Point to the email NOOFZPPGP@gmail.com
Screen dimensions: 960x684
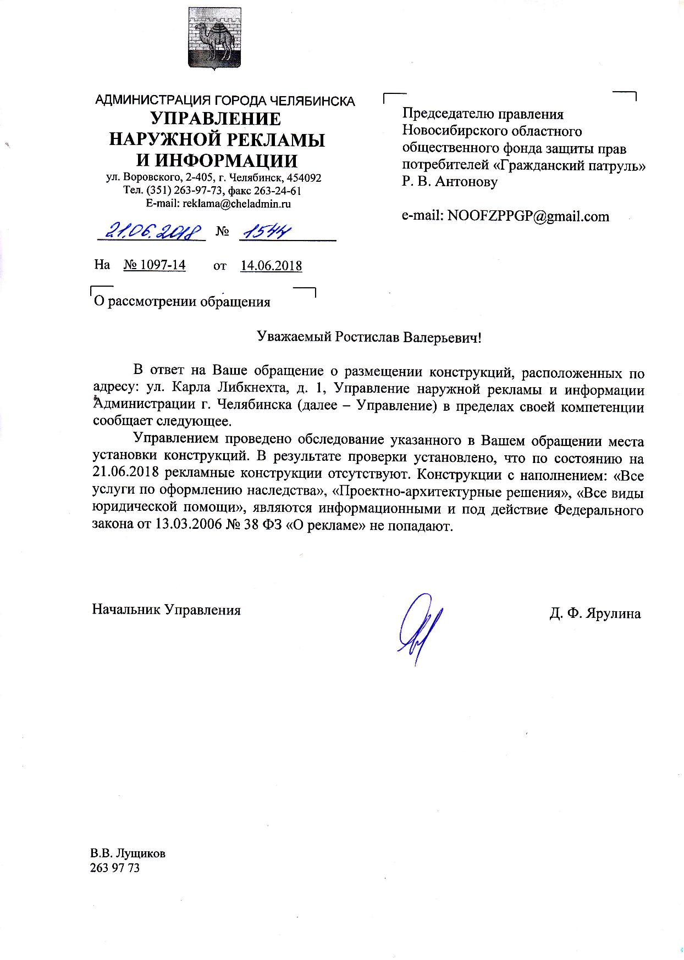click(x=528, y=216)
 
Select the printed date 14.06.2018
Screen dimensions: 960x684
click(x=271, y=266)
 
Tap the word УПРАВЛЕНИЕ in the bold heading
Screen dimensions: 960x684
click(x=216, y=119)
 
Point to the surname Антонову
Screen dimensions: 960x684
click(x=466, y=182)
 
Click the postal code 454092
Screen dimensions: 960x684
click(x=305, y=178)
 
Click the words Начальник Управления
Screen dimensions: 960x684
click(x=166, y=610)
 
